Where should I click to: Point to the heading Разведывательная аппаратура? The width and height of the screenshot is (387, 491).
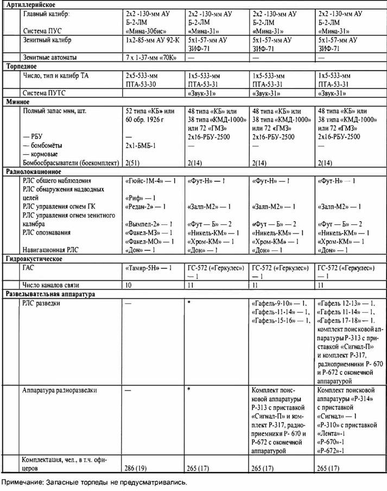coord(50,294)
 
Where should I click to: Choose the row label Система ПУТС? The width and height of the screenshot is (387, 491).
coord(45,92)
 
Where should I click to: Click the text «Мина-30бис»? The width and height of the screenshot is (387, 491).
coord(148,30)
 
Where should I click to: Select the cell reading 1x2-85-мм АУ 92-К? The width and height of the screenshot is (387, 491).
coord(153,40)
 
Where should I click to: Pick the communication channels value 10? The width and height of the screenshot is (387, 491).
coord(129,285)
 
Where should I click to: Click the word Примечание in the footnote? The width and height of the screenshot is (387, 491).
coord(22,482)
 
